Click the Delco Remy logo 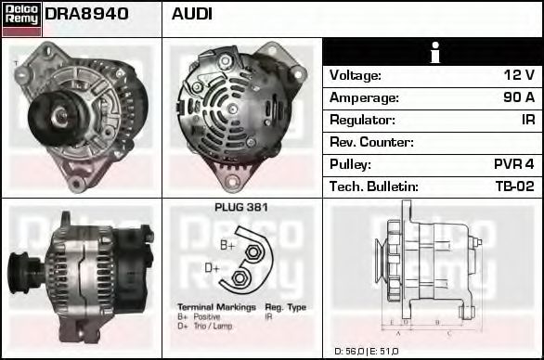(x=21, y=19)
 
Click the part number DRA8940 (x=86, y=14)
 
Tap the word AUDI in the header (x=191, y=14)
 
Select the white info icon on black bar (x=435, y=53)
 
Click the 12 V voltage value (x=519, y=75)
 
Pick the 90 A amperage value (x=519, y=97)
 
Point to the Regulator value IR (x=528, y=120)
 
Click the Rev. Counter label (x=371, y=142)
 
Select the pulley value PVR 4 (x=513, y=164)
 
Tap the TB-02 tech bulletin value (x=515, y=186)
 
